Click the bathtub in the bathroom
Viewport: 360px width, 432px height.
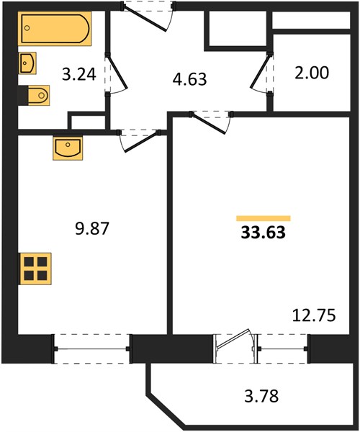[x=55, y=29]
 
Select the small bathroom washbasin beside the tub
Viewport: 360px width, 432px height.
[x=27, y=63]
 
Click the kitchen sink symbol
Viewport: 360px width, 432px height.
[x=68, y=148]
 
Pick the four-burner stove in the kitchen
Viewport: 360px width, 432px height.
[x=35, y=269]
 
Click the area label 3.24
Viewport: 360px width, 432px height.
[x=79, y=74]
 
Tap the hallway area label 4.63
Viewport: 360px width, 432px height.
[x=189, y=79]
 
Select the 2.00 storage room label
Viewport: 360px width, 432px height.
[x=312, y=73]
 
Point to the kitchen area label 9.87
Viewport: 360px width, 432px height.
[x=92, y=229]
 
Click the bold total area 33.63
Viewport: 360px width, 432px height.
[x=263, y=233]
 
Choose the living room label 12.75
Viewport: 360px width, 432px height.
[x=314, y=315]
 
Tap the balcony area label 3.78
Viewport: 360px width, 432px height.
[x=261, y=396]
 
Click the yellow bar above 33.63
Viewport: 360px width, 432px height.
[x=264, y=218]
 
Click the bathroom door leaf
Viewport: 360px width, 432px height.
[x=117, y=73]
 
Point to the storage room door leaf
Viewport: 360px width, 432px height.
[x=260, y=71]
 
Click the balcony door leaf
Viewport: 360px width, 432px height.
[x=233, y=339]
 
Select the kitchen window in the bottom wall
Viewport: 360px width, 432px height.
[x=91, y=348]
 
